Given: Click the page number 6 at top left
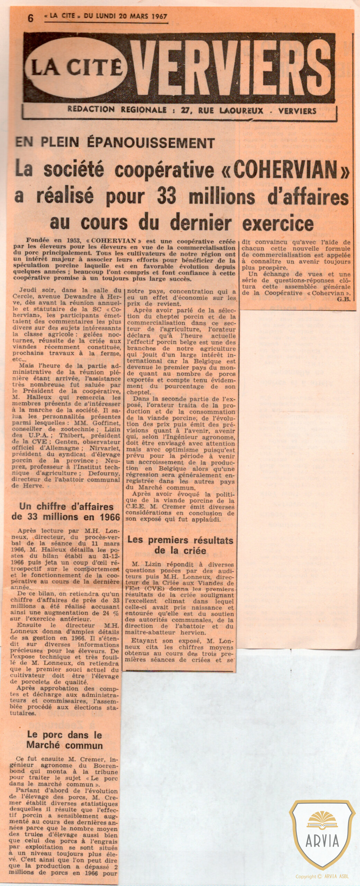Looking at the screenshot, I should (31, 18).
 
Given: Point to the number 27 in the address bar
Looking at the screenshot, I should (186, 110).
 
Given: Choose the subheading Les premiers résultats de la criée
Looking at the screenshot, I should (180, 545).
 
